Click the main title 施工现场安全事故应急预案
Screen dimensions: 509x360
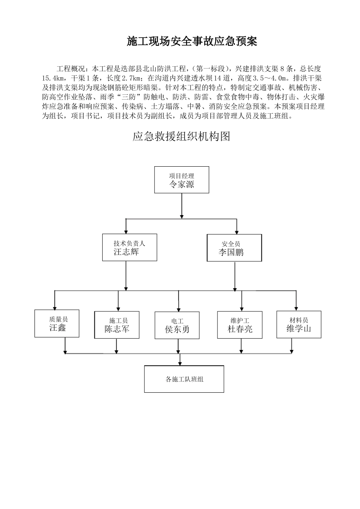coord(192,41)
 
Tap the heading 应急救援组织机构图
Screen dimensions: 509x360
coord(181,136)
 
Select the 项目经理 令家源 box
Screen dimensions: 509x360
coord(182,180)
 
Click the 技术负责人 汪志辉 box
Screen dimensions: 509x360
coord(130,247)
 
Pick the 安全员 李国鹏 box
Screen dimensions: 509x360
coord(234,248)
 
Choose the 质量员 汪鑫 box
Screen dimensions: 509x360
coord(57,323)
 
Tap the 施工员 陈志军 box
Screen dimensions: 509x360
coord(117,325)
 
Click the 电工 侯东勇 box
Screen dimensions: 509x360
coord(177,325)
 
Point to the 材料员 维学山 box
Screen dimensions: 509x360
coord(299,325)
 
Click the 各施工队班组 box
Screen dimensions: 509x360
coord(184,379)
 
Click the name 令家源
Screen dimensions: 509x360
coord(182,184)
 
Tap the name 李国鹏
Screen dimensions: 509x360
coord(231,253)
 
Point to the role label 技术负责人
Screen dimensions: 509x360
coord(129,244)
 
